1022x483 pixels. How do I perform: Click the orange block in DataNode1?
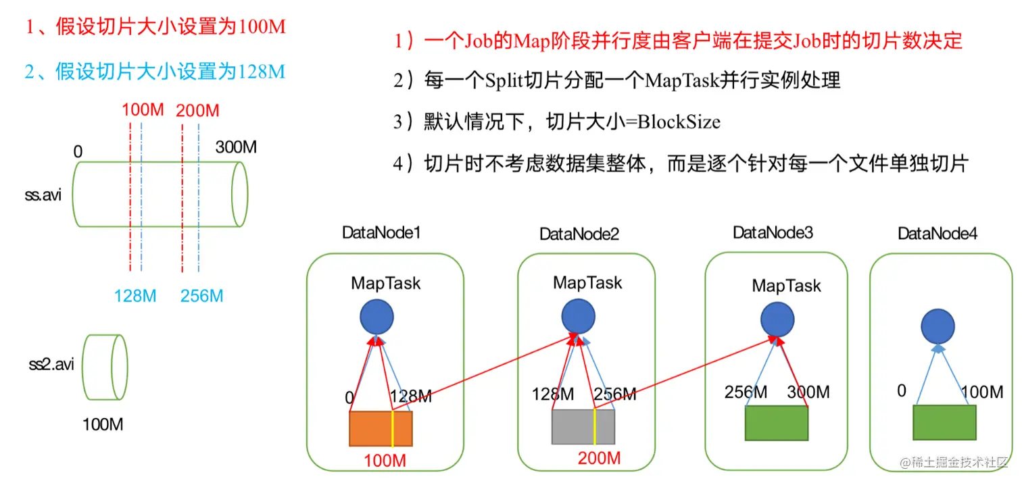coord(381,428)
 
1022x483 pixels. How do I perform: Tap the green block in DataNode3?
coord(777,424)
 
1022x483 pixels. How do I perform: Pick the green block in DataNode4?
coord(944,423)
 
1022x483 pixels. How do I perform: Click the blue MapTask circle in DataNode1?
coord(376,317)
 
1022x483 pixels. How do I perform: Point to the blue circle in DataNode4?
coord(938,328)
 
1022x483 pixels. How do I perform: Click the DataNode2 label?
coord(579,234)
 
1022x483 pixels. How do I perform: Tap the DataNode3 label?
coord(773,232)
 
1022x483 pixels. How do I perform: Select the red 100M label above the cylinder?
coord(143,109)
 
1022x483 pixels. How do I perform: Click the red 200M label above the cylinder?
coord(197,110)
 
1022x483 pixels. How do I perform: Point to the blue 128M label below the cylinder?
coord(135,296)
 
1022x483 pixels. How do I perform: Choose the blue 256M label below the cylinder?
coord(201,296)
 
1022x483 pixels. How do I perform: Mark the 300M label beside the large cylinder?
coord(236,147)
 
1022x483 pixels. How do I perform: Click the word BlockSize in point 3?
coord(679,122)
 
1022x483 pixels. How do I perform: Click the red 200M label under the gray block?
coord(599,458)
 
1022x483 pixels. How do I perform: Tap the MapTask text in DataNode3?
coord(786,286)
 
